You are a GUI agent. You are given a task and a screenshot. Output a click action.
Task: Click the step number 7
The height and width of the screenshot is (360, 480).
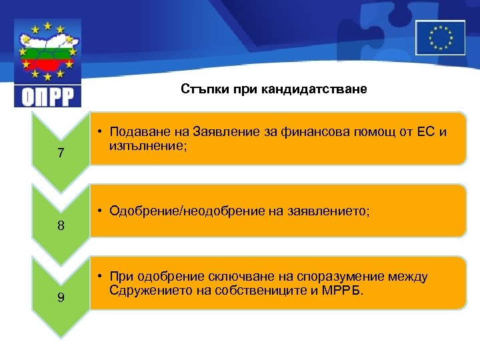click(x=61, y=153)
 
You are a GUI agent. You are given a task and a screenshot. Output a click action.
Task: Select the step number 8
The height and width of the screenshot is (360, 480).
click(x=61, y=225)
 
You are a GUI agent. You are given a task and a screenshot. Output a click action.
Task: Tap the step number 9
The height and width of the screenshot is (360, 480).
click(x=61, y=297)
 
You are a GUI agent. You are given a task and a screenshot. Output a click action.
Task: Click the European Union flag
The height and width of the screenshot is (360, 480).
click(x=440, y=37)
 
